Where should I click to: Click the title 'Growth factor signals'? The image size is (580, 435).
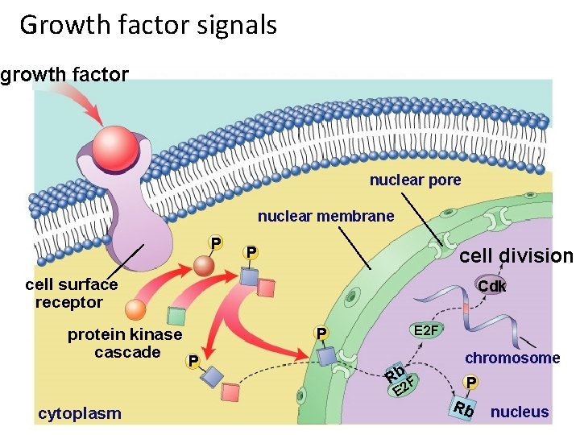pyautogui.click(x=148, y=25)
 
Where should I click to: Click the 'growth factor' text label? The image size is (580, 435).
pyautogui.click(x=64, y=76)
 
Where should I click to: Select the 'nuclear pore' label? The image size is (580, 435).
pyautogui.click(x=415, y=180)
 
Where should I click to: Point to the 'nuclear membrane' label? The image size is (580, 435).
pyautogui.click(x=325, y=216)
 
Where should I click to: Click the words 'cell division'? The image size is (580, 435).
pyautogui.click(x=516, y=256)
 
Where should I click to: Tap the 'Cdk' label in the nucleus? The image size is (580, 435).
pyautogui.click(x=491, y=287)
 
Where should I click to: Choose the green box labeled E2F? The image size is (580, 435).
pyautogui.click(x=425, y=330)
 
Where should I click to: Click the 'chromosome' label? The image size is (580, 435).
pyautogui.click(x=512, y=358)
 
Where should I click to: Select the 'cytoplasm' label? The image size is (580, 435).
pyautogui.click(x=80, y=413)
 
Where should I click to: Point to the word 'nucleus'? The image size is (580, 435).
pyautogui.click(x=520, y=412)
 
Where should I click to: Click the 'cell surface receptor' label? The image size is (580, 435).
pyautogui.click(x=71, y=293)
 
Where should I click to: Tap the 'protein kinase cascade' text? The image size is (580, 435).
pyautogui.click(x=125, y=343)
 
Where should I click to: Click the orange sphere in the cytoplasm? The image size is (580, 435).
pyautogui.click(x=136, y=310)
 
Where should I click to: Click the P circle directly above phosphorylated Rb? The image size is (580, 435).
pyautogui.click(x=471, y=381)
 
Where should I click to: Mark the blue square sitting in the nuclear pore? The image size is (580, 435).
pyautogui.click(x=326, y=356)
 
